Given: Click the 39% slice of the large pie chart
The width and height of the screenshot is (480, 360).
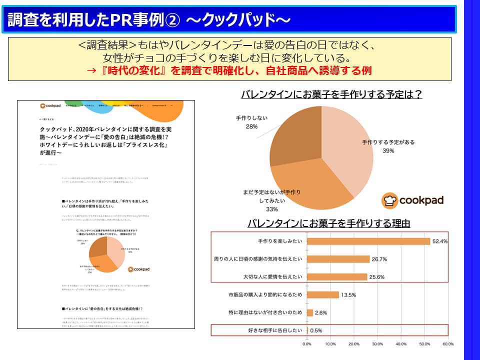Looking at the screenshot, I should tap(350, 150).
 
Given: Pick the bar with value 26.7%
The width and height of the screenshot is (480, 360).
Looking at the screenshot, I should tap(338, 259).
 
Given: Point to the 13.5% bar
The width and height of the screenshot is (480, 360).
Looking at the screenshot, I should tap(322, 294).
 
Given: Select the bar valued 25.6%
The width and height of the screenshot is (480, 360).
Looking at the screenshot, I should tap(336, 276).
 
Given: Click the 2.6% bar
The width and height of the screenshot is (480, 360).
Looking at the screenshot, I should tap(310, 312).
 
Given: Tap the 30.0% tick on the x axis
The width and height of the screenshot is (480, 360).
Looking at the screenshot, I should tap(377, 344).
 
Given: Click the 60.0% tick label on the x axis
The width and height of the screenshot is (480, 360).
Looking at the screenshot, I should tap(448, 344).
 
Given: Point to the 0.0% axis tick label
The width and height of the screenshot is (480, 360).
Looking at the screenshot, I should tap(307, 344).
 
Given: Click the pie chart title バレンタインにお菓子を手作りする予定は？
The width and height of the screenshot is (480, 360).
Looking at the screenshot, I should tap(331, 94).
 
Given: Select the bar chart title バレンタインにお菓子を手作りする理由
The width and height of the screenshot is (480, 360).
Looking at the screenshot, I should tap(328, 223).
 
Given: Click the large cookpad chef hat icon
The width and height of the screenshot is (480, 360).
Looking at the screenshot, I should tap(389, 200).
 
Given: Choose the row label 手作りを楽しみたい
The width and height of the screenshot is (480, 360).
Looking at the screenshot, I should tap(280, 241).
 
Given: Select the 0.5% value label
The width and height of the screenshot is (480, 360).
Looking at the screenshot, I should tap(316, 330).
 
